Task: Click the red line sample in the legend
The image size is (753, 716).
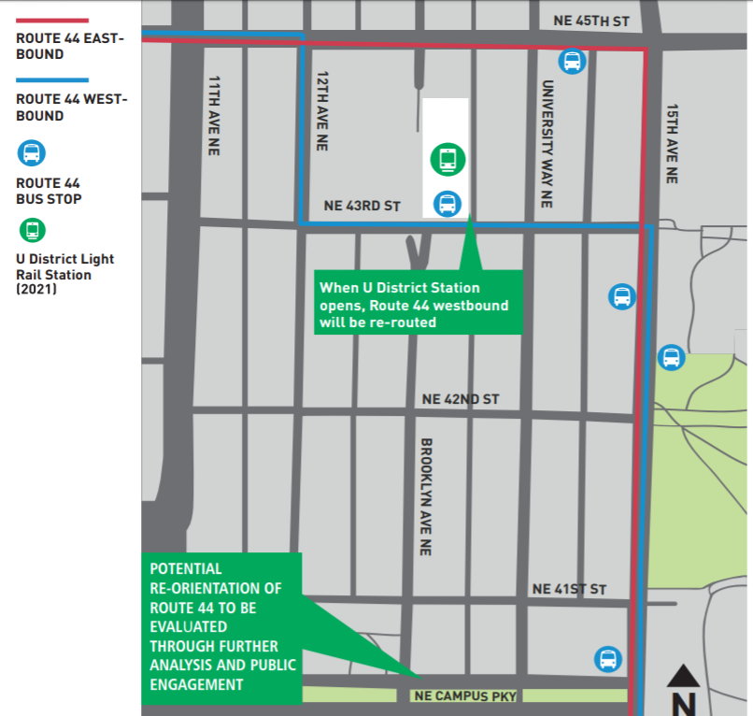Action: tap(52, 20)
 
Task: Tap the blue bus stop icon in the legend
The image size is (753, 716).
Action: tap(33, 153)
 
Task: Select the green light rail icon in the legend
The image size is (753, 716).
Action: tap(33, 229)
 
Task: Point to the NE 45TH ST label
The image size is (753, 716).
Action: tap(591, 21)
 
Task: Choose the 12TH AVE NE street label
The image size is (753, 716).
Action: tap(323, 111)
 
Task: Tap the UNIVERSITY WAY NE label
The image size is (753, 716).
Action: tap(547, 144)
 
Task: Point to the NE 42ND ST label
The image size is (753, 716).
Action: tap(461, 399)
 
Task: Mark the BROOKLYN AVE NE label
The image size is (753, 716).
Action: tap(426, 496)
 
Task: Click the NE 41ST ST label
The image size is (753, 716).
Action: tap(569, 589)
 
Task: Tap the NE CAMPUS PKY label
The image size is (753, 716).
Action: tap(464, 696)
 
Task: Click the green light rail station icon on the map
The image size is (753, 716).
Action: tap(448, 159)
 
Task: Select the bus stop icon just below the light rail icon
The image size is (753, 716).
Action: tap(448, 203)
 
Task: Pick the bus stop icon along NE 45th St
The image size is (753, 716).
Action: tap(572, 62)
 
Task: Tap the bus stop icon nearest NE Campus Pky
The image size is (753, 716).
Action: tap(608, 659)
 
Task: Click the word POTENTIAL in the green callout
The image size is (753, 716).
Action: tap(186, 568)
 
